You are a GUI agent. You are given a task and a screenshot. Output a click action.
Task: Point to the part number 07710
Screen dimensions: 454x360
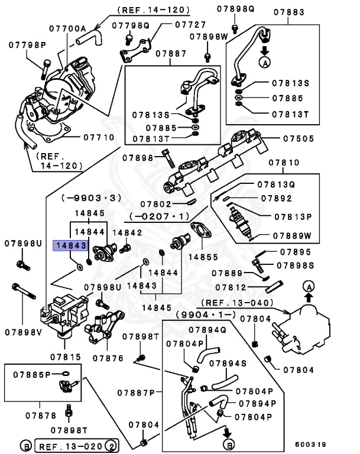tap(98, 137)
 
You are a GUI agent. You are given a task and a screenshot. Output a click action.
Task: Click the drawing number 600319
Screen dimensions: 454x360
tap(311, 443)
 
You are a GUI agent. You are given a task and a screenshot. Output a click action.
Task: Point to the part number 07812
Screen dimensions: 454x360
tap(231, 287)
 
